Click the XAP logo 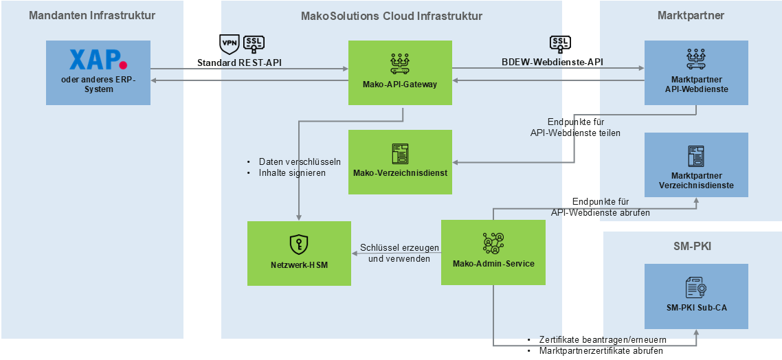point(98,60)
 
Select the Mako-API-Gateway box point(400,72)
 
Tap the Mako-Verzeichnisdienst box point(400,162)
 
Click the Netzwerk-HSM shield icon point(299,244)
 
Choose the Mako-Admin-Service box point(493,252)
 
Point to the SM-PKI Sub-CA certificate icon point(696,287)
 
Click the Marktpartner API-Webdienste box point(696,72)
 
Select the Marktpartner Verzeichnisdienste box point(696,165)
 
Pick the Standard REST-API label point(239,63)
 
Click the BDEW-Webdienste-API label point(552,63)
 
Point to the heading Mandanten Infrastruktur point(92,16)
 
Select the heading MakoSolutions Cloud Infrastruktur point(392,16)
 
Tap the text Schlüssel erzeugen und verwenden point(399,254)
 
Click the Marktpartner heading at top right point(691,16)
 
